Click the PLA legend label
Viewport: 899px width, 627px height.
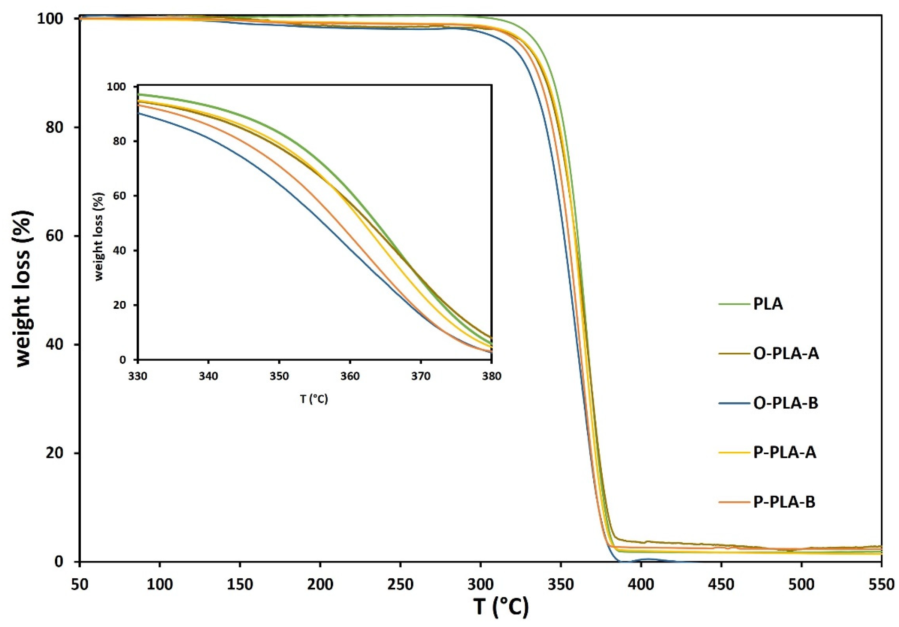pyautogui.click(x=768, y=304)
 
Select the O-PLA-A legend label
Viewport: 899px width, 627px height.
pyautogui.click(x=786, y=354)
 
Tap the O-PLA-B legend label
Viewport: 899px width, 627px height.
pyautogui.click(x=786, y=403)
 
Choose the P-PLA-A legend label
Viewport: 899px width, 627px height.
pyautogui.click(x=785, y=453)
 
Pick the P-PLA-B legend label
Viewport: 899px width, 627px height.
pyautogui.click(x=784, y=502)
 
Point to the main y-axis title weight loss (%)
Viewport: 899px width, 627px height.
pyautogui.click(x=24, y=289)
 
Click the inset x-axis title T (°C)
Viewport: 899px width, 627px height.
pyautogui.click(x=314, y=399)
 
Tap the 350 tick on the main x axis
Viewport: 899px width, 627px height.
pyautogui.click(x=561, y=584)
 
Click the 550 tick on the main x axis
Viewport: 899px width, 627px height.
pyautogui.click(x=881, y=584)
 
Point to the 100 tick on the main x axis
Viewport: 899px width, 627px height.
pyautogui.click(x=160, y=584)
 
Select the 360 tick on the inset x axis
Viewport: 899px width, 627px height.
pyautogui.click(x=349, y=376)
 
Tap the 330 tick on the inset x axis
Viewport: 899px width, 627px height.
pyautogui.click(x=137, y=376)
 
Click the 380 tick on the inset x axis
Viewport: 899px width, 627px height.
pyautogui.click(x=491, y=376)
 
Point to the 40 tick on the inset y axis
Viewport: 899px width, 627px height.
pyautogui.click(x=120, y=250)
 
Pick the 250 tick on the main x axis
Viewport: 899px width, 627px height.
pyautogui.click(x=400, y=584)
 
